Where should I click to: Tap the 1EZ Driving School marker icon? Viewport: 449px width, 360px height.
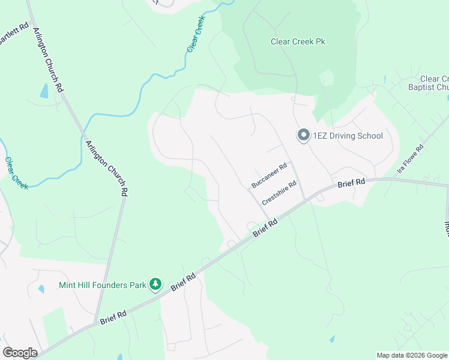(x=303, y=136)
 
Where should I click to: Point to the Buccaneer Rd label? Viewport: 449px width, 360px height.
(x=270, y=175)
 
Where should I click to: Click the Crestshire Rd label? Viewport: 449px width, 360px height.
(x=279, y=194)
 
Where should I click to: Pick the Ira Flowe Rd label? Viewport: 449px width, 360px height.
(x=411, y=160)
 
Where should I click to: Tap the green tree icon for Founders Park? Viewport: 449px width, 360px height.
(x=155, y=284)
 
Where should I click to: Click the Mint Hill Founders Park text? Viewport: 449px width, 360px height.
(x=103, y=285)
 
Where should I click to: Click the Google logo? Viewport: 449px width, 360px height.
(x=20, y=353)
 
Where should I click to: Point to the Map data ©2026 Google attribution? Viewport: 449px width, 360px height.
(x=412, y=355)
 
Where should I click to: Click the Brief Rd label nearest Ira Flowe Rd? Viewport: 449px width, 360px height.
(x=351, y=183)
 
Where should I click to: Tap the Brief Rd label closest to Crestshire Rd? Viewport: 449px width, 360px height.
(x=265, y=227)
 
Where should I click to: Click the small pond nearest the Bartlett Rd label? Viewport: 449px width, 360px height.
(x=44, y=91)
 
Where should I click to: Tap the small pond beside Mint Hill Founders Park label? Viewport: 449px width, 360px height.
(x=41, y=289)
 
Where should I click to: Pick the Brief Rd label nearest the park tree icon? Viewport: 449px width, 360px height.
(x=184, y=282)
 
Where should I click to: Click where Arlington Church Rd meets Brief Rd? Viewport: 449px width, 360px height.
(x=95, y=324)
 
